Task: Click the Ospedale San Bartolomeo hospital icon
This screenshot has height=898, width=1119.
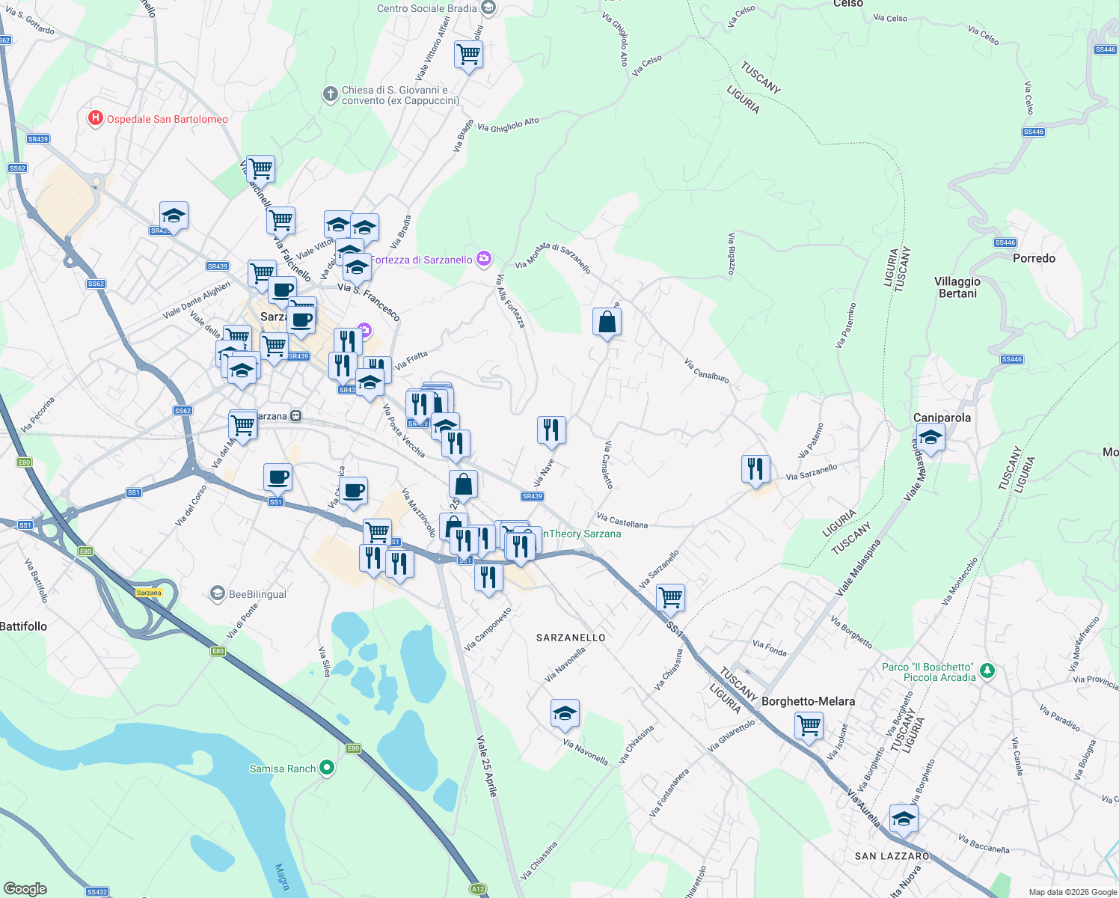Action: [95, 119]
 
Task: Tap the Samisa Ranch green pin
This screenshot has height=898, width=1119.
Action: [326, 768]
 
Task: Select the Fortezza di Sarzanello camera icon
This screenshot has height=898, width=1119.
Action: [484, 259]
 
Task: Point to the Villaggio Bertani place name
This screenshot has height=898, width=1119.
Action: [957, 287]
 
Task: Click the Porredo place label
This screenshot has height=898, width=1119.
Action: [1034, 258]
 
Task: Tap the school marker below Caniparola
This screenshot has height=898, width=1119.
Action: [930, 438]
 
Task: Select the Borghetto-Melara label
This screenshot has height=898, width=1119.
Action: [808, 701]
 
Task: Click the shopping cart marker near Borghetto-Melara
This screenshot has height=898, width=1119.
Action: [809, 725]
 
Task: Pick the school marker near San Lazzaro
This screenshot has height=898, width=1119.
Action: [904, 819]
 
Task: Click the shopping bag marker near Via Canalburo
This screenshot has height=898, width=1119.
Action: [607, 323]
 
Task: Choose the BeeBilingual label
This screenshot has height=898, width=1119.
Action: [257, 594]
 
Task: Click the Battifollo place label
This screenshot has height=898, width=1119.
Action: [23, 626]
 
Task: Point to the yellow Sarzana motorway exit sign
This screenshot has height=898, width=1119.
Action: [149, 593]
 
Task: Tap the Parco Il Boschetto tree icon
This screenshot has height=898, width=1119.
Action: [987, 671]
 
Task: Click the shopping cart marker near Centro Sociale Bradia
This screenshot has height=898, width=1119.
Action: [468, 55]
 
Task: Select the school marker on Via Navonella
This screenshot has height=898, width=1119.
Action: [565, 714]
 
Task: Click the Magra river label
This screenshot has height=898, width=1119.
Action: [282, 876]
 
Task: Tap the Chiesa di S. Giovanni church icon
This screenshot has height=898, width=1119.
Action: [330, 94]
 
